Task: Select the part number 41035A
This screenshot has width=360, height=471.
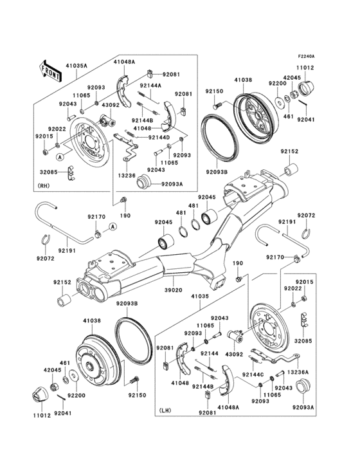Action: tap(77, 66)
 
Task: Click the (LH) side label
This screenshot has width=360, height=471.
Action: tap(166, 410)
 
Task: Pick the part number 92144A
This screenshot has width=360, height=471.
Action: tap(152, 86)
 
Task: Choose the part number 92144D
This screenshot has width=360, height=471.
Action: tap(159, 137)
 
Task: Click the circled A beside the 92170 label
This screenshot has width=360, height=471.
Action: tap(113, 226)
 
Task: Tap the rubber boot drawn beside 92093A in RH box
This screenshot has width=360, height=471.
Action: tap(142, 182)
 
